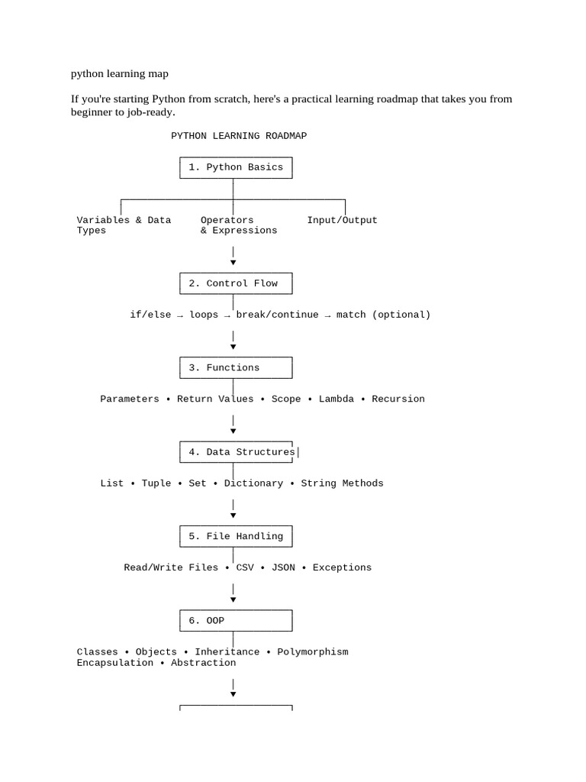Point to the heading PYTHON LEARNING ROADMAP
coord(239,136)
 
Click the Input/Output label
coord(342,220)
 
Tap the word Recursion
coord(398,399)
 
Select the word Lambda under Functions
coord(336,399)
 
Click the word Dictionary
coord(253,483)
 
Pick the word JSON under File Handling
coord(283,567)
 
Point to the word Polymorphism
coord(312,652)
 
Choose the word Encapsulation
coord(114,663)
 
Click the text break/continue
coord(277,314)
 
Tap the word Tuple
coord(156,483)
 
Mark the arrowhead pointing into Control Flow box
coord(233,263)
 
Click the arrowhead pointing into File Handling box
coord(233,515)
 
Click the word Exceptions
coord(342,567)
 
